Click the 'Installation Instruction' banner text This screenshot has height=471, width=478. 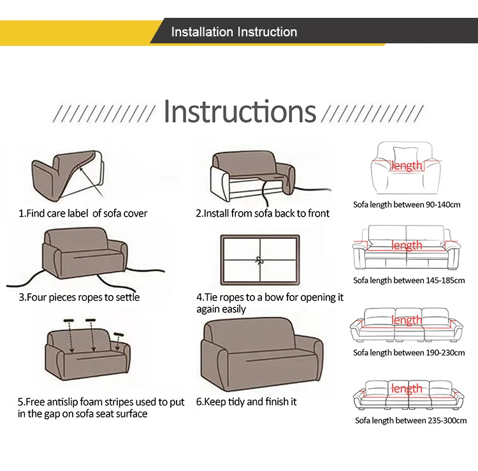(x=234, y=32)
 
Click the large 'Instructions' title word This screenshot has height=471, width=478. (x=240, y=112)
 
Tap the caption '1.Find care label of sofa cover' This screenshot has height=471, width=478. (x=83, y=213)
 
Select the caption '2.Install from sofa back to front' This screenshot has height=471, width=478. (x=263, y=213)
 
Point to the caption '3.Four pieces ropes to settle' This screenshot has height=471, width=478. (x=79, y=297)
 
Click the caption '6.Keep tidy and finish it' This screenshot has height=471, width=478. (x=246, y=402)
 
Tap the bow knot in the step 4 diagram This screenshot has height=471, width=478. (x=259, y=261)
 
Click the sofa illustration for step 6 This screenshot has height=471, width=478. (x=262, y=354)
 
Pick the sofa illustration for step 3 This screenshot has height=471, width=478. (x=85, y=253)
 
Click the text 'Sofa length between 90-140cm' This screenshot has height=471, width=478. (x=407, y=205)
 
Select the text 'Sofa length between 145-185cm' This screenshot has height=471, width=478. (x=409, y=280)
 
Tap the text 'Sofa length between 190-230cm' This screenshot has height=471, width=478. (x=409, y=352)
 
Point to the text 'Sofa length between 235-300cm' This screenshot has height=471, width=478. (x=410, y=421)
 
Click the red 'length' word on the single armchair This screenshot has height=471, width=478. (x=407, y=166)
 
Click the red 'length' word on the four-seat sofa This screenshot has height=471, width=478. (x=407, y=388)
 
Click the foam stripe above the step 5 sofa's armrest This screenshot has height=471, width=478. (x=119, y=335)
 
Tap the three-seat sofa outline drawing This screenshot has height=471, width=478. (x=407, y=325)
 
